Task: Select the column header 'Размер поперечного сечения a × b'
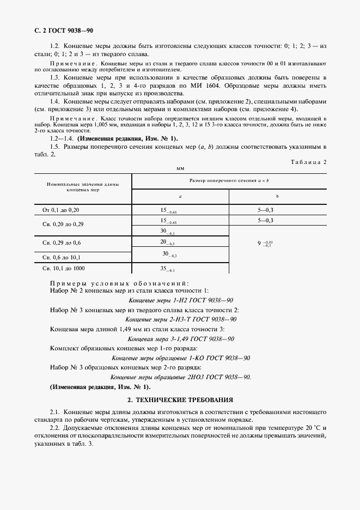click(229, 180)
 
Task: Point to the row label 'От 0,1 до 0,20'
click(64, 210)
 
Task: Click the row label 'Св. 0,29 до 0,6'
click(65, 242)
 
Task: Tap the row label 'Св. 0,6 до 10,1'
click(65, 257)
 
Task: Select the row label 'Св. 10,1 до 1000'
click(64, 269)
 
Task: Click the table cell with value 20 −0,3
click(167, 242)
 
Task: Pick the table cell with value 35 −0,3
click(167, 269)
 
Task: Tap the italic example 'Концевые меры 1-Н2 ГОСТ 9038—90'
click(181, 300)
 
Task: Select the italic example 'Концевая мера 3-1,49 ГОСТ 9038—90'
click(181, 338)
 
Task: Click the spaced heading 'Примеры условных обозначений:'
click(119, 283)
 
